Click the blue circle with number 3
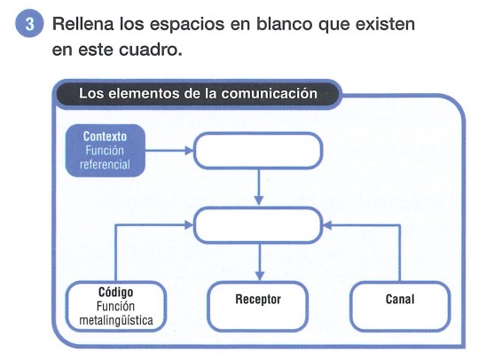[x=29, y=24]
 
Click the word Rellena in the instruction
[x=83, y=24]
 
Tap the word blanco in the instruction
[x=285, y=24]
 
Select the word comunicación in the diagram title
[x=269, y=94]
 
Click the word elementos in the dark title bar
[x=144, y=94]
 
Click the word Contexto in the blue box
[x=105, y=137]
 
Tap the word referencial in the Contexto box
[x=105, y=164]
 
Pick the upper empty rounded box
[x=258, y=151]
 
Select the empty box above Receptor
[x=258, y=225]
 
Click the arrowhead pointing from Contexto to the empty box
[x=189, y=151]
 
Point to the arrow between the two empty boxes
[x=259, y=187]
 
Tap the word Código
[x=116, y=292]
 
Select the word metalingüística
[x=116, y=320]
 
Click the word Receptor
[x=258, y=300]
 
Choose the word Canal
[x=400, y=300]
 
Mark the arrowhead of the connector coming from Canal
[x=327, y=225]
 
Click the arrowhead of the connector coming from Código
[x=189, y=225]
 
